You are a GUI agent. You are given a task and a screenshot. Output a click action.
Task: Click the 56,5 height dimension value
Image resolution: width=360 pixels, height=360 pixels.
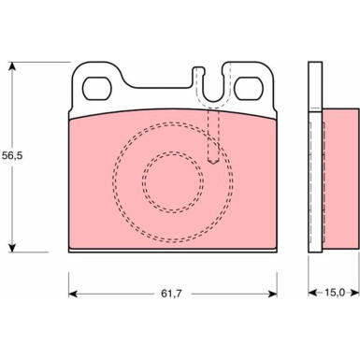tap(12, 155)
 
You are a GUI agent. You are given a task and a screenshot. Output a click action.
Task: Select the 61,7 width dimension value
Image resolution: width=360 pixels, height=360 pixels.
tap(171, 294)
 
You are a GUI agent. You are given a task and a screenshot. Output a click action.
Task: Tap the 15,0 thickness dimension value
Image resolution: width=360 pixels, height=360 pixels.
tap(335, 293)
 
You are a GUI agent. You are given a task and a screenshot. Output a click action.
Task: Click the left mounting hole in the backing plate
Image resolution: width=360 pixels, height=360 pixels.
tap(96, 89)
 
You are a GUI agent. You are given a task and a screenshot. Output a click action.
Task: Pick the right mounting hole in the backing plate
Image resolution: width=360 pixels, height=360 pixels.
tap(249, 89)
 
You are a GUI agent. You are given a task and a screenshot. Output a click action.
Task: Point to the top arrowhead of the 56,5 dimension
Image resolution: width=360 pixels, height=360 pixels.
tap(12, 66)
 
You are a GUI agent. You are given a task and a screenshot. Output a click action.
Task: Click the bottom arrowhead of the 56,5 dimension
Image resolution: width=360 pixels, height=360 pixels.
tap(12, 248)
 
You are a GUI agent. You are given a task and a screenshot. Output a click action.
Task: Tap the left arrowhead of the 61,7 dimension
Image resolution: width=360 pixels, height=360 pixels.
tap(73, 294)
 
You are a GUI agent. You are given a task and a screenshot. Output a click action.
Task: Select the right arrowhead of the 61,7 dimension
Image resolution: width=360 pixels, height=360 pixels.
tap(272, 294)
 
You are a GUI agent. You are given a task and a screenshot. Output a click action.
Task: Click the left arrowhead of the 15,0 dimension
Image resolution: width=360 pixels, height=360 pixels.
tap(312, 293)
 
